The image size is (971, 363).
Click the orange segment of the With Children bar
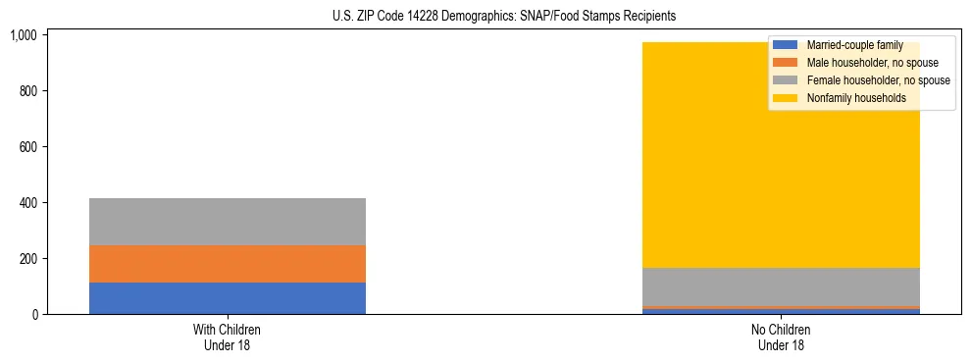tap(228, 264)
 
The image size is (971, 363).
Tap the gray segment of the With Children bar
tap(228, 222)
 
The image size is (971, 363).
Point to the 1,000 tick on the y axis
tap(23, 35)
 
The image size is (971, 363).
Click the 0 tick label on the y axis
tap(33, 315)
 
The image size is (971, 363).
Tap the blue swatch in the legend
tap(785, 45)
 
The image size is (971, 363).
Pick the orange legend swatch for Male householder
tap(785, 63)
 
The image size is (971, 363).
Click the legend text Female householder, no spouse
tap(878, 80)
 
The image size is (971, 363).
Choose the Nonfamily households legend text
tap(856, 98)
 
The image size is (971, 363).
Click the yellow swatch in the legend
tap(785, 98)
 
